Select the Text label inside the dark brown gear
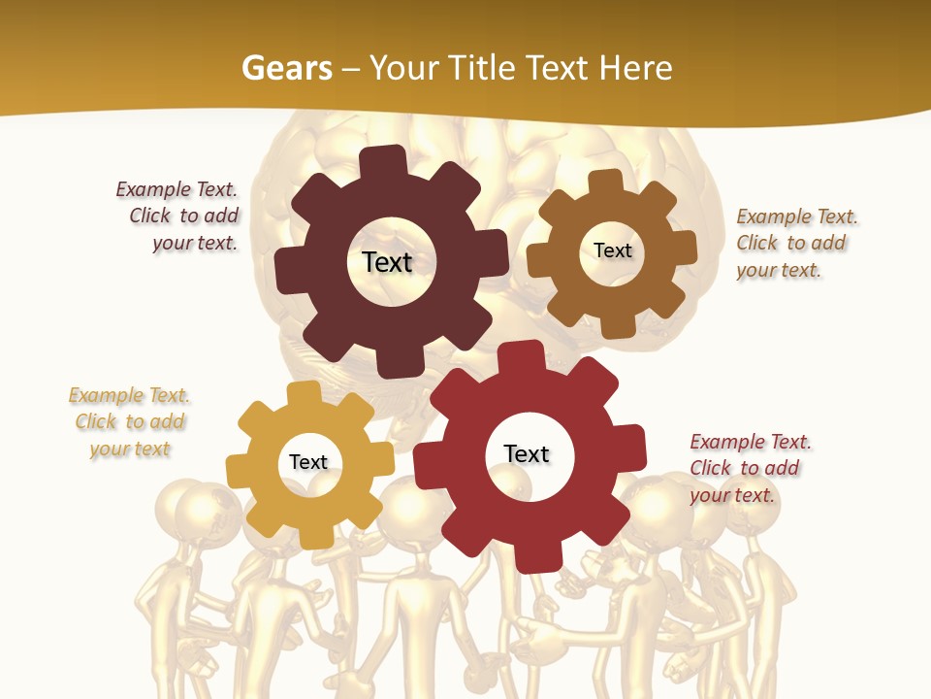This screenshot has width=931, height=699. pos(387,262)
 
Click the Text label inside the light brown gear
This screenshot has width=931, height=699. pos(612,250)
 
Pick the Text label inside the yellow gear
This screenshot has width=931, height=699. pos(308,462)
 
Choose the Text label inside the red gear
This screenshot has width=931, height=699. pos(527,453)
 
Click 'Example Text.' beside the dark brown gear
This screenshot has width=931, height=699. pos(177,189)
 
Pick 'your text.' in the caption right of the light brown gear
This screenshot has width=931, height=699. pos(778,271)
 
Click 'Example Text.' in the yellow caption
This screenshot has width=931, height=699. pos(129,395)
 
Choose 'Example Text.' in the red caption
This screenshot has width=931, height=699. pos(751,442)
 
